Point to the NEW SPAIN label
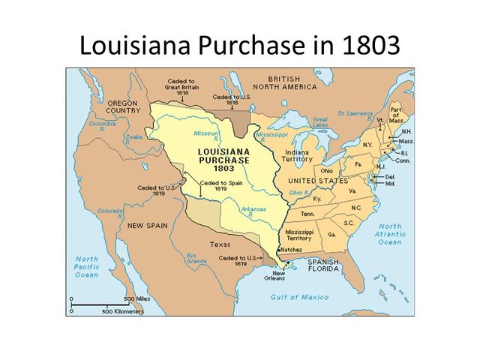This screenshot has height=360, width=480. click(145, 225)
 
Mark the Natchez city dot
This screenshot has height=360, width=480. click(280, 249)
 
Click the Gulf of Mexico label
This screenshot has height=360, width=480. click(298, 297)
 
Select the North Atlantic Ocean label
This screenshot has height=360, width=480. click(389, 234)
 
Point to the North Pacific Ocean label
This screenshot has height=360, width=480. click(87, 266)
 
